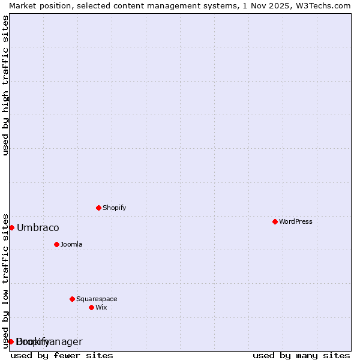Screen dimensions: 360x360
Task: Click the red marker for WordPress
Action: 275,221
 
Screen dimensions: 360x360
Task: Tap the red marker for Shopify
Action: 98,208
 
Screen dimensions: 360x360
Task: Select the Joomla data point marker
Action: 56,244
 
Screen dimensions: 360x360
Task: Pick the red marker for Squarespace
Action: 72,299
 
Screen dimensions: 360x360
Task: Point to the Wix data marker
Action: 91,307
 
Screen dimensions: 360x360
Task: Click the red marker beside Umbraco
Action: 11,227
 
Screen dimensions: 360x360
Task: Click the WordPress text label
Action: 296,221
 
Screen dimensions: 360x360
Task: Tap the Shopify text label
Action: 114,208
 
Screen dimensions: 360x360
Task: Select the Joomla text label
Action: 71,244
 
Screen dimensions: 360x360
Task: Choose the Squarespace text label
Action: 97,299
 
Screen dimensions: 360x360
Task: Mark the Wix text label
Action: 101,307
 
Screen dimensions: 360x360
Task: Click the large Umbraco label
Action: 38,227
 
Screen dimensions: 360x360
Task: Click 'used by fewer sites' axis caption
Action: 62,355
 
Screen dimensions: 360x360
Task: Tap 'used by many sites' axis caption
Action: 301,355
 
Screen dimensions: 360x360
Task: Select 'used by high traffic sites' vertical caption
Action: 6,85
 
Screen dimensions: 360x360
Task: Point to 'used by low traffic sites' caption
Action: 6,281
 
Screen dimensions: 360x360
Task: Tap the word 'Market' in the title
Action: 22,5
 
